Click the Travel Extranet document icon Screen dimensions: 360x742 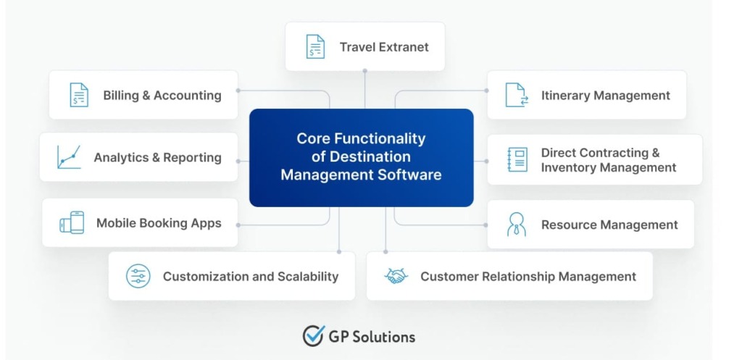tap(315, 46)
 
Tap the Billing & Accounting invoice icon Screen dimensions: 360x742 tap(79, 95)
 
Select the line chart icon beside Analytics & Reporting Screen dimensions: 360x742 tap(69, 157)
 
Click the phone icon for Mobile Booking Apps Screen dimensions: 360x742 tap(72, 223)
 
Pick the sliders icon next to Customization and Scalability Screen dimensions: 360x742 tap(138, 276)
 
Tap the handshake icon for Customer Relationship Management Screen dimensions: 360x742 tap(396, 276)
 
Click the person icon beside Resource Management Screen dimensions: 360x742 tap(517, 225)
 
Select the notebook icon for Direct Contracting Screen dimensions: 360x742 tap(517, 159)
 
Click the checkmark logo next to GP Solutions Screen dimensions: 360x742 tap(313, 335)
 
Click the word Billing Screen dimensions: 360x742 tap(120, 95)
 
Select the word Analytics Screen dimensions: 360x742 tap(120, 157)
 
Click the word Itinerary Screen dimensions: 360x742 tap(564, 95)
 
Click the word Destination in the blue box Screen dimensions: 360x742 tap(370, 156)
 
